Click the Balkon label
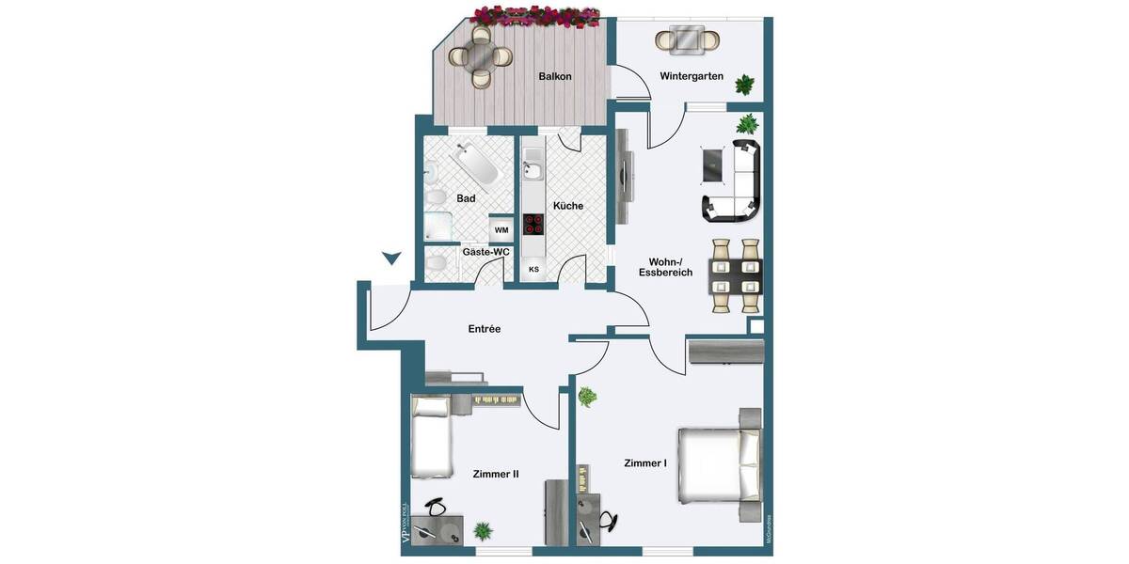tap(555, 77)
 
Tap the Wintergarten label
tap(692, 76)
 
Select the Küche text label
tap(568, 206)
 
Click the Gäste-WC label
tap(485, 252)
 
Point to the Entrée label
tap(485, 329)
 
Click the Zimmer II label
tap(496, 475)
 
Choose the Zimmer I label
tap(645, 463)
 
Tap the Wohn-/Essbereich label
tap(671, 267)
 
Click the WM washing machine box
tap(501, 230)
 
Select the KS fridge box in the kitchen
tap(533, 270)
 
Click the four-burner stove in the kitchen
tap(533, 224)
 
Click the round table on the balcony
tap(481, 56)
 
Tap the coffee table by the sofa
tap(712, 164)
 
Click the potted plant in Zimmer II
tap(483, 531)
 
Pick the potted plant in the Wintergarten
tap(745, 85)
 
